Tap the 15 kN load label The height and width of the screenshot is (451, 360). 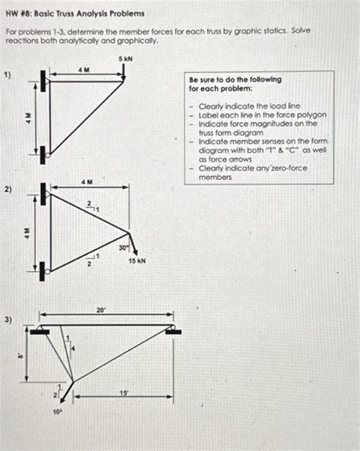[x=137, y=260]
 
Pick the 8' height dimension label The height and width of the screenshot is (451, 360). [x=21, y=354]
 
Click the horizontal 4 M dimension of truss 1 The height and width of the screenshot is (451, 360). [x=84, y=69]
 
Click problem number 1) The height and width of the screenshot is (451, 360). [x=8, y=74]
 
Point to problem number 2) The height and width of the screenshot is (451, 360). [x=8, y=190]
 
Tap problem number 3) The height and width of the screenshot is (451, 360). [x=8, y=320]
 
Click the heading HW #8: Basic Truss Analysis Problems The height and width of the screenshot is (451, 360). [x=74, y=14]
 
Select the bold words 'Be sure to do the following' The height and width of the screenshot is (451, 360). [x=225, y=79]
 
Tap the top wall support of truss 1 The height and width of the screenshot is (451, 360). [x=45, y=78]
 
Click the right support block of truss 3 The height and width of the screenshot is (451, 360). [x=175, y=330]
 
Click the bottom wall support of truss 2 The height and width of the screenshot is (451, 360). [x=43, y=269]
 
